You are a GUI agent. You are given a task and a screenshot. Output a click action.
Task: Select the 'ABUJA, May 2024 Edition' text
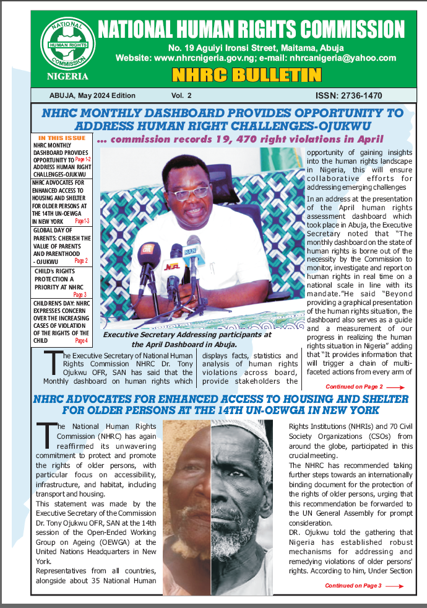(92, 96)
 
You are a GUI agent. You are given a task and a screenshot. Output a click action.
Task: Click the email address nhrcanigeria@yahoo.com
(338, 58)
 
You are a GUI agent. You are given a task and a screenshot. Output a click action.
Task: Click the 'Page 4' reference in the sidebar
(81, 341)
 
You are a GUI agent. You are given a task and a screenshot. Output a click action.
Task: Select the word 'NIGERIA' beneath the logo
(67, 77)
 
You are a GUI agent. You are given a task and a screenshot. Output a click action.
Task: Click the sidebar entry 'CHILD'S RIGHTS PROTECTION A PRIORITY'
(61, 279)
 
